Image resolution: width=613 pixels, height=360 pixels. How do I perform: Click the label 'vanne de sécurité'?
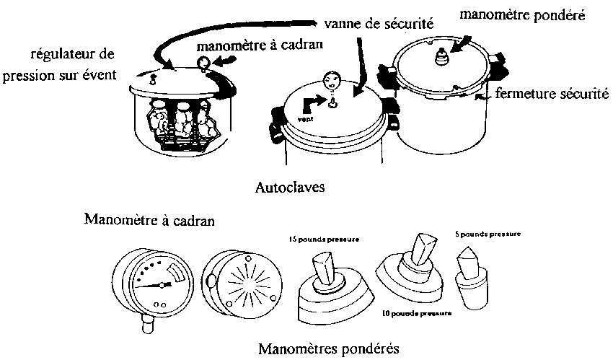[378, 23]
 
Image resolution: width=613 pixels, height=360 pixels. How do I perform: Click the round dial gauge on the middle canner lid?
[332, 79]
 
